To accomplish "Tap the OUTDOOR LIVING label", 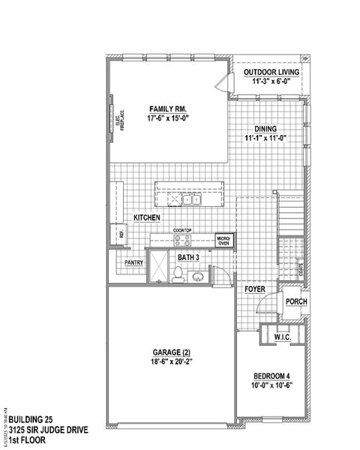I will tap(271, 72).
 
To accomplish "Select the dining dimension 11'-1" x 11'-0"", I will tap(266, 138).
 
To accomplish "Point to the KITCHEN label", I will tap(148, 217).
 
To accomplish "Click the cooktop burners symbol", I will tap(182, 240).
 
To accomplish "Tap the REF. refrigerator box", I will tap(120, 233).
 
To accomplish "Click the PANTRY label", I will tap(133, 263).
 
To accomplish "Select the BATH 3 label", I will tap(188, 258).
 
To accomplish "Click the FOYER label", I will tap(256, 289).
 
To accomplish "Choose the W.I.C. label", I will tap(281, 337).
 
